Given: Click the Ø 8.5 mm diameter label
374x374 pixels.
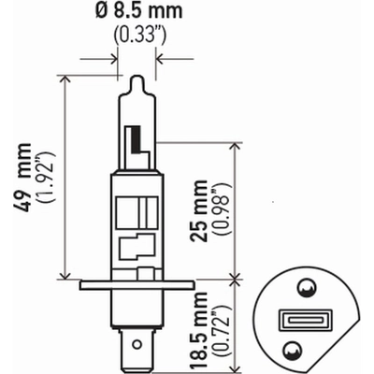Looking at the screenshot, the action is [138, 11].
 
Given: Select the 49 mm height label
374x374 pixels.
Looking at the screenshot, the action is [22, 177].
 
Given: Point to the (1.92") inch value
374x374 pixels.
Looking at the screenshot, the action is [46, 177].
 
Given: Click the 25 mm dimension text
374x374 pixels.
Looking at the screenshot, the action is [199, 210].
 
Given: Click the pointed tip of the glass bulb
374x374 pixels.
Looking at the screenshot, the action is [137, 77].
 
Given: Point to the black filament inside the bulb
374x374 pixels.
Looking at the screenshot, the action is [137, 140].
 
